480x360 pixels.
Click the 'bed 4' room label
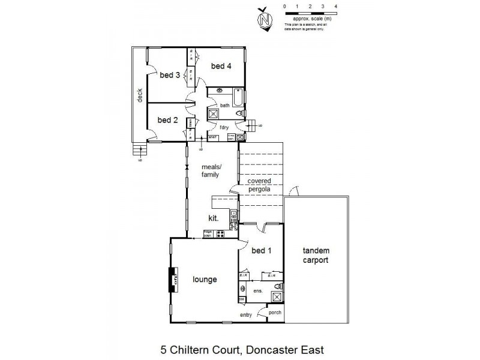(221, 66)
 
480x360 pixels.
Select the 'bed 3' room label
(169, 75)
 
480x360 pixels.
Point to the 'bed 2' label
(167, 120)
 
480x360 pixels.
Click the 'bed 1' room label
(262, 250)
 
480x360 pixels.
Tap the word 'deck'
(139, 96)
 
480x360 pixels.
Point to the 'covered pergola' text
(259, 184)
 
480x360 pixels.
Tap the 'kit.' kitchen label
(212, 218)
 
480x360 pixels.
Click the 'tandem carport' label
(316, 256)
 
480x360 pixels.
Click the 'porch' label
(274, 312)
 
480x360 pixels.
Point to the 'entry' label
(246, 314)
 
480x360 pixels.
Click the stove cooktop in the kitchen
(221, 233)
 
